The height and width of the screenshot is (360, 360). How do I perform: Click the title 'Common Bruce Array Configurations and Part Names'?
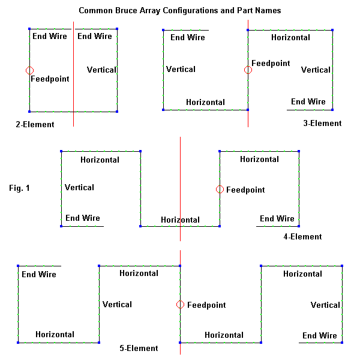click(179, 11)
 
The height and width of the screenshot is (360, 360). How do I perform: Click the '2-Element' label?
click(35, 125)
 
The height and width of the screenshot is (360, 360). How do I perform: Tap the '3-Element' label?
click(322, 124)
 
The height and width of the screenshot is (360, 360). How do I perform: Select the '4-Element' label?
click(302, 237)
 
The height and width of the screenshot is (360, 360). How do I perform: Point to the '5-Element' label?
click(139, 348)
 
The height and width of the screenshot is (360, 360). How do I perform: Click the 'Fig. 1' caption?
click(20, 188)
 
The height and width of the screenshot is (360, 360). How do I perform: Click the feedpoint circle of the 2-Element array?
click(29, 71)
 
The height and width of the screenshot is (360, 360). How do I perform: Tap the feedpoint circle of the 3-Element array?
click(248, 70)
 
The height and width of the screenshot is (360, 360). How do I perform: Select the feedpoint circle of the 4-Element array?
click(220, 190)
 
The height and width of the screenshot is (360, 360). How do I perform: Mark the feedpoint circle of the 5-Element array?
click(180, 305)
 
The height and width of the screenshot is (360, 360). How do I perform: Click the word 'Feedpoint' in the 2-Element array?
click(49, 79)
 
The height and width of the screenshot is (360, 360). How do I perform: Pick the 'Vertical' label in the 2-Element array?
click(101, 70)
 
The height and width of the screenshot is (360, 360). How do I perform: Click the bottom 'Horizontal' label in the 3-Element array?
click(205, 102)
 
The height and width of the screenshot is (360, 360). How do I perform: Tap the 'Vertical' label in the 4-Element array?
click(79, 187)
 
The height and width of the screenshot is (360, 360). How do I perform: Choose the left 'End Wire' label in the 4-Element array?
click(83, 218)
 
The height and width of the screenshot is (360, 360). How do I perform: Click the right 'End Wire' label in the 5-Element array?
click(320, 335)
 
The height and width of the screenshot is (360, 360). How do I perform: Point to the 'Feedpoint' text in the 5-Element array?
click(206, 305)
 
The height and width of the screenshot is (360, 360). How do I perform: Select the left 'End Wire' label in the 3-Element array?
click(188, 38)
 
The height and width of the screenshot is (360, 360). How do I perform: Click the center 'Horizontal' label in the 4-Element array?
click(180, 220)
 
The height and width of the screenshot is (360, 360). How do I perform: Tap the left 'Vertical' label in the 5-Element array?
click(117, 304)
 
